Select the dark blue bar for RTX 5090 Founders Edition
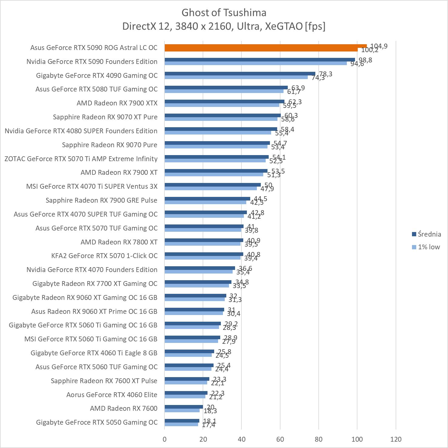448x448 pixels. click(260, 60)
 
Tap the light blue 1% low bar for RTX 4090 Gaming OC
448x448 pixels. click(236, 77)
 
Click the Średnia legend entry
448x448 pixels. click(426, 234)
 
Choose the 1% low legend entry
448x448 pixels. click(426, 247)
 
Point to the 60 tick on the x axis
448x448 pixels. click(280, 439)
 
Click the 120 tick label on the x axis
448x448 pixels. click(396, 439)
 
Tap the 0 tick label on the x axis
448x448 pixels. click(164, 439)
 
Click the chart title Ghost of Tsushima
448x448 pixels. click(224, 13)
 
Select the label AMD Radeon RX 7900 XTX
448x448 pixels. click(117, 103)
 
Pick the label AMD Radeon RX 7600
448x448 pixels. click(124, 409)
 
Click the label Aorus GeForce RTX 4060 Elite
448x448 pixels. click(112, 395)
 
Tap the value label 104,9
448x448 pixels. click(379, 46)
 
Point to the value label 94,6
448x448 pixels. click(357, 64)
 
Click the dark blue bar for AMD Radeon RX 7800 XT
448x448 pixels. click(204, 240)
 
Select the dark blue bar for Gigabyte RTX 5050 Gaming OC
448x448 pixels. click(182, 421)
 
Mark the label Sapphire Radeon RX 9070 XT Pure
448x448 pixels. click(105, 117)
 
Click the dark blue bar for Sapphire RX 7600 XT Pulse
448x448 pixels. click(187, 379)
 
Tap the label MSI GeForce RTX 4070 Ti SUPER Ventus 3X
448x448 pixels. click(92, 187)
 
